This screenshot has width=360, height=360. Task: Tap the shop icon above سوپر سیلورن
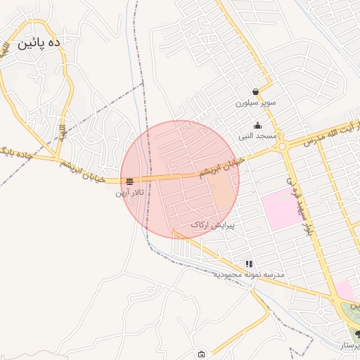coord(255,92)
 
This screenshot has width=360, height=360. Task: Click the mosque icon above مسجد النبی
coord(258,125)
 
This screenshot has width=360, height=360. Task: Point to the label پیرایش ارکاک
coord(212,225)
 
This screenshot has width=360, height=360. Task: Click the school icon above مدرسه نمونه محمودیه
coord(249,264)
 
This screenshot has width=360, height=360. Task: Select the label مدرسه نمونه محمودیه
coord(249,274)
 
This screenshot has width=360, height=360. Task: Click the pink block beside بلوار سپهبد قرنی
coord(278,208)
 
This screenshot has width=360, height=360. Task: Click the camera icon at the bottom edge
coord(202,353)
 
